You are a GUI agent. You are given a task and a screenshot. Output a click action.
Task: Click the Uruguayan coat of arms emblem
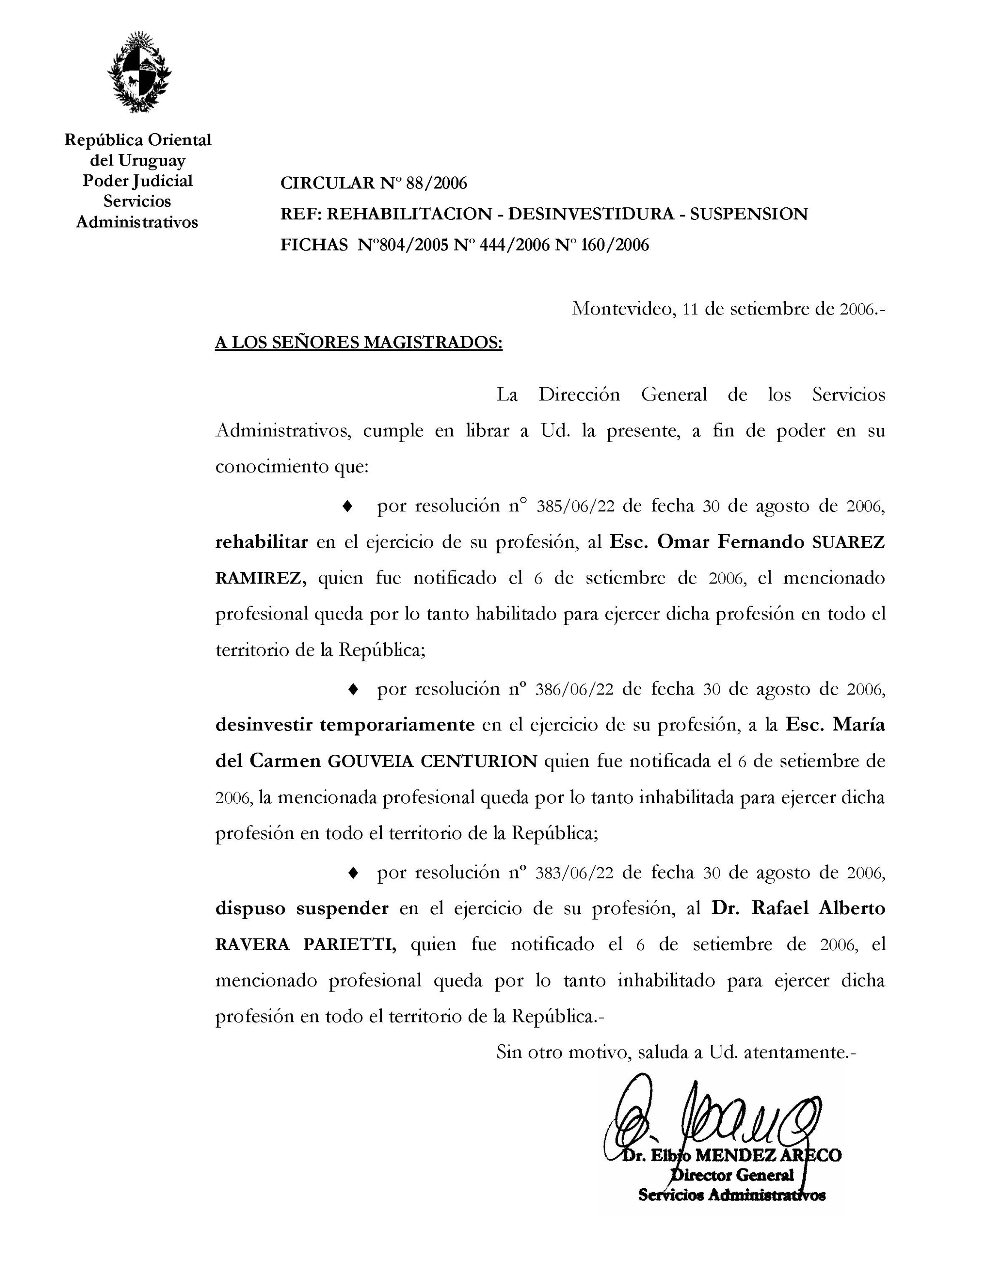[x=139, y=72]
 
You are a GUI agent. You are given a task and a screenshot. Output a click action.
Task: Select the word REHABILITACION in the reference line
[x=409, y=214]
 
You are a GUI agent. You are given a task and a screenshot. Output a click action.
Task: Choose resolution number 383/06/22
[x=575, y=873]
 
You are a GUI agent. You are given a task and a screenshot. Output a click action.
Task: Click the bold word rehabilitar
[x=261, y=542]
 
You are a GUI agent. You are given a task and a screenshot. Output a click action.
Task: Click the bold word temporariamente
[x=397, y=725]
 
